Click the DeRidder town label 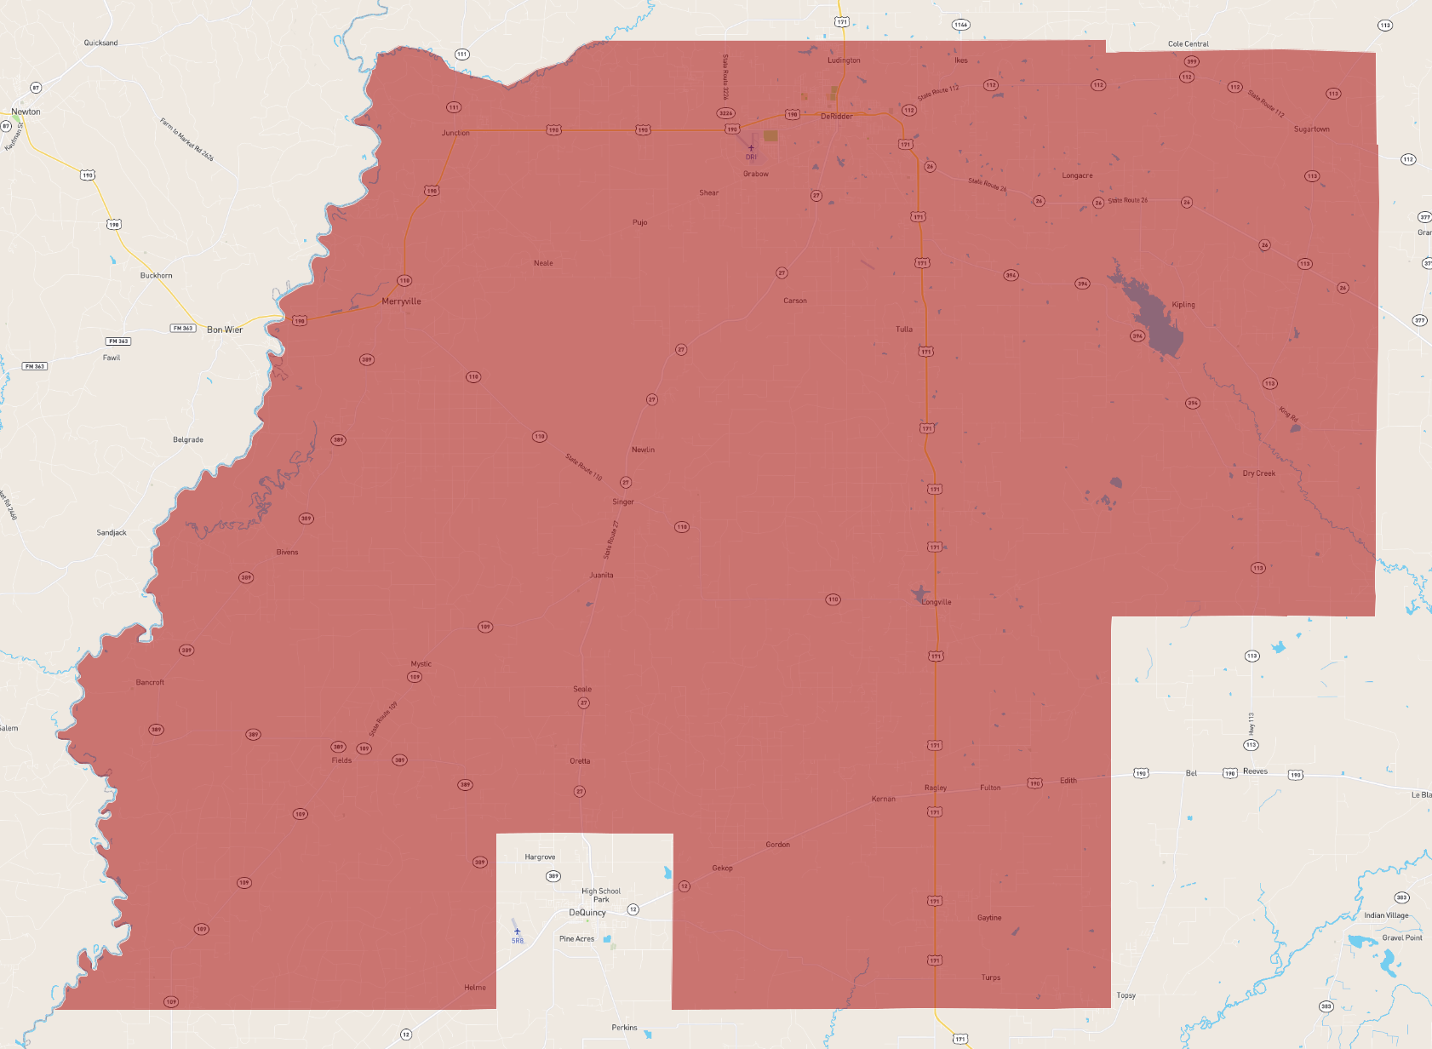[x=836, y=117]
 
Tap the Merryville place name [x=401, y=301]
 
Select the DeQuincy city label [x=587, y=913]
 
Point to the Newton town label [x=26, y=112]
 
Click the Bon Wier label [x=225, y=330]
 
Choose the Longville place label [x=937, y=602]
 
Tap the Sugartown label [x=1311, y=129]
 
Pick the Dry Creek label [x=1258, y=473]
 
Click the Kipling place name [x=1183, y=305]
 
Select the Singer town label [x=623, y=502]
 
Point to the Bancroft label [x=150, y=682]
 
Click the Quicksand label [x=100, y=43]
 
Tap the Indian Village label [x=1386, y=915]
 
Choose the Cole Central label [x=1188, y=43]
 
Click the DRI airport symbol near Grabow [x=751, y=148]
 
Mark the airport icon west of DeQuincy [x=517, y=931]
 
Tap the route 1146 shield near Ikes [x=960, y=25]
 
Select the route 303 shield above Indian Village [x=1401, y=897]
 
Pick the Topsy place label [x=1126, y=995]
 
